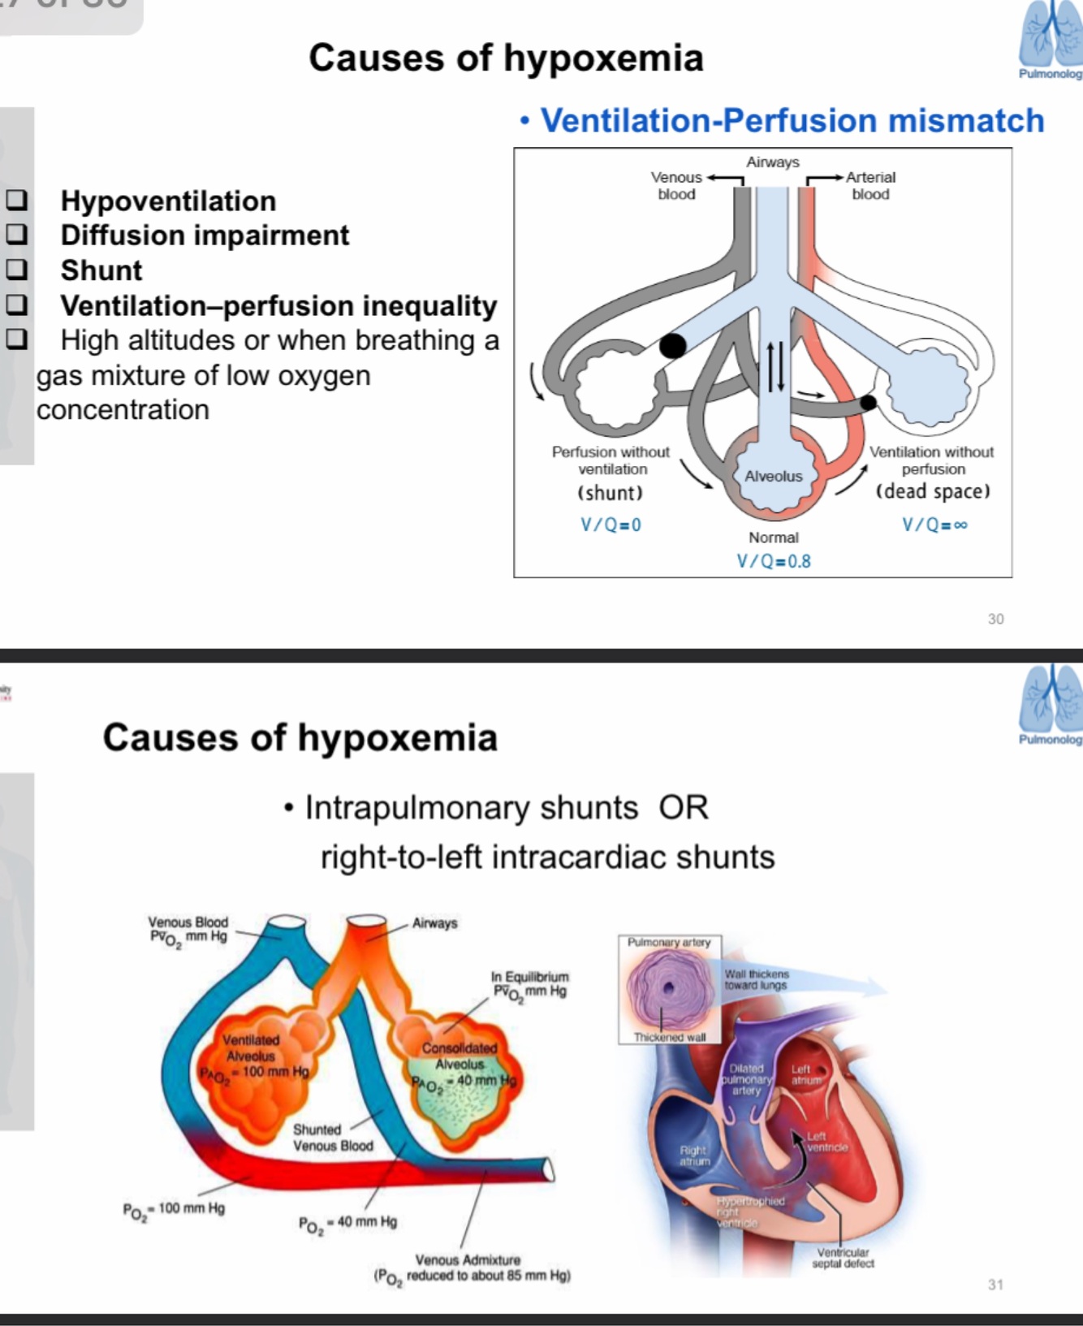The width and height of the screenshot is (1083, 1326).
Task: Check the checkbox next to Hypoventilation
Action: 16,200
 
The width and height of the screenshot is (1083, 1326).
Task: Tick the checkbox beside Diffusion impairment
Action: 16,235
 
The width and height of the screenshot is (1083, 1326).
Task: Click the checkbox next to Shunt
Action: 16,270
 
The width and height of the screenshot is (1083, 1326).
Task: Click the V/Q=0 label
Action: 611,525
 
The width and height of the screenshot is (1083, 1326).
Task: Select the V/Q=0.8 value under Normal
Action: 773,561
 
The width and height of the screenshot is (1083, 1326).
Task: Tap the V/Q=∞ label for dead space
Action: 934,525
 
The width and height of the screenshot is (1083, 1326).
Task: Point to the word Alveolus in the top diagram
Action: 773,476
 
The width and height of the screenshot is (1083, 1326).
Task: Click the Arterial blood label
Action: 870,185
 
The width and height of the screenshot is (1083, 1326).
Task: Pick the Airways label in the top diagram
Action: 773,162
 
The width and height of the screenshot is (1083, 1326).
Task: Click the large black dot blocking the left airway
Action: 672,345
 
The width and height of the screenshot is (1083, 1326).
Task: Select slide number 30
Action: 995,619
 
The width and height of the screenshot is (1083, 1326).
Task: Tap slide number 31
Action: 995,1285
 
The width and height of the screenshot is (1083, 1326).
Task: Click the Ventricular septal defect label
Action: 843,1258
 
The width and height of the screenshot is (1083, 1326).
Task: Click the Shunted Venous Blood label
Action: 333,1138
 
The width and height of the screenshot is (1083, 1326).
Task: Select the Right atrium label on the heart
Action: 694,1155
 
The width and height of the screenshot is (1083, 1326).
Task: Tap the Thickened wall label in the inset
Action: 670,1037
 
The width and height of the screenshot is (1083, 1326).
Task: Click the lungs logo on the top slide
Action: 1051,36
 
